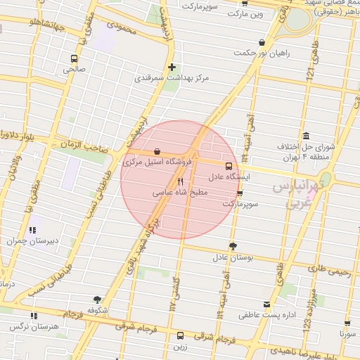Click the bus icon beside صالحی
(x=75, y=59)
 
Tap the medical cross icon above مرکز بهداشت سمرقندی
(x=172, y=67)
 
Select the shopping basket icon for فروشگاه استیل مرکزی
(x=156, y=151)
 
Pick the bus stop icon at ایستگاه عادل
(x=228, y=167)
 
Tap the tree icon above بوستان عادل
(x=233, y=246)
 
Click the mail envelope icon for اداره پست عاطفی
(x=266, y=304)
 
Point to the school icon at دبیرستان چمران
(x=32, y=229)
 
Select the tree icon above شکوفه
(x=97, y=300)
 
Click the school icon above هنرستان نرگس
(x=34, y=316)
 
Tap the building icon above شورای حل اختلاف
(x=306, y=136)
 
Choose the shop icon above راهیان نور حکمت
(x=262, y=41)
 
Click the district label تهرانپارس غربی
(x=297, y=195)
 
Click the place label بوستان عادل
(x=233, y=258)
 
